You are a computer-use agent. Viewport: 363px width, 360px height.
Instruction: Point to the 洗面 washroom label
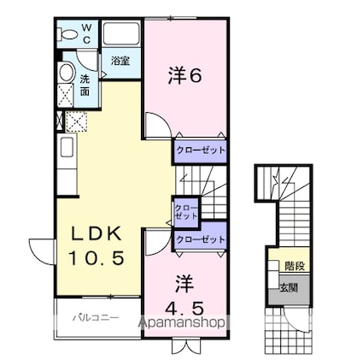(x=85, y=86)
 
